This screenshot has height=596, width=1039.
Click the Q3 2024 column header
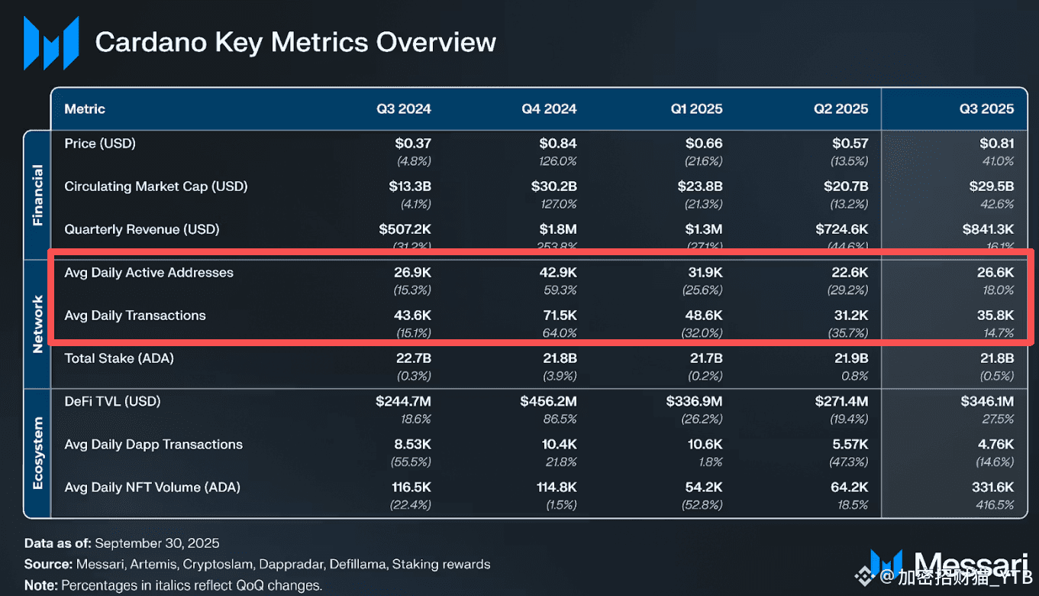tap(403, 109)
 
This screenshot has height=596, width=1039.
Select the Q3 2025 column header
tap(986, 109)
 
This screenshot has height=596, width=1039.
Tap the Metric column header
tap(85, 109)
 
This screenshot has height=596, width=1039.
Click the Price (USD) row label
tap(100, 143)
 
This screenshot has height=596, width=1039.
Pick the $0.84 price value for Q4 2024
tap(557, 143)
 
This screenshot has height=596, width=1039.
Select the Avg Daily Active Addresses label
tap(149, 273)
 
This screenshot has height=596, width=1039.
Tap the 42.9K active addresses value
tap(558, 273)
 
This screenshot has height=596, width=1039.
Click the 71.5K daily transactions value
tap(559, 316)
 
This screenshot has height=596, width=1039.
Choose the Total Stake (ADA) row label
tap(119, 358)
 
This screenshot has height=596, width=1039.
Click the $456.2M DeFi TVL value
tap(548, 401)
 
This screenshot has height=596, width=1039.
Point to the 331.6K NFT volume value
tap(989, 487)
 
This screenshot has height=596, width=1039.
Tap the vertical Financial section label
tap(37, 195)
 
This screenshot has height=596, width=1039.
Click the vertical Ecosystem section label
tap(37, 453)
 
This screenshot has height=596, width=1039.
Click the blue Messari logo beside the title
tap(51, 43)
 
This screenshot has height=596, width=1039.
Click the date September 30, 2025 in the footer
tap(157, 543)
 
